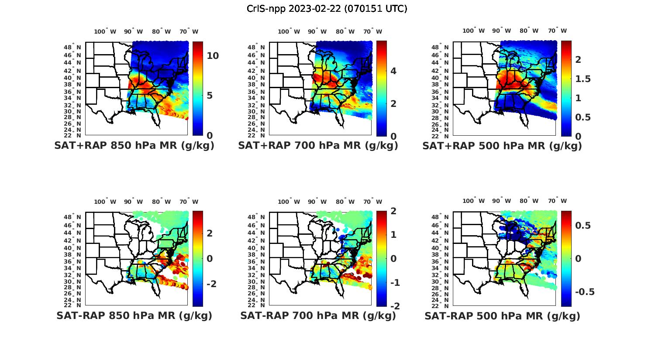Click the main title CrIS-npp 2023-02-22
[x=327, y=9]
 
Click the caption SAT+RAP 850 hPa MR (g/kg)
[x=134, y=146]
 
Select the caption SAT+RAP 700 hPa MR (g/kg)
[x=318, y=146]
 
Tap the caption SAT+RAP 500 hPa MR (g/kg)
[x=502, y=146]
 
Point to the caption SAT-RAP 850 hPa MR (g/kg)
[x=134, y=315]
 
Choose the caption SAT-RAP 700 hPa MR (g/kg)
[x=318, y=315]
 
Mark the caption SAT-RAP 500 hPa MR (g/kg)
[x=502, y=315]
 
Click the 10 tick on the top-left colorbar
[x=213, y=56]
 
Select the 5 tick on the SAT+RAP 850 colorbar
[x=210, y=96]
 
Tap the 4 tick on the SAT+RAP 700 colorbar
[x=393, y=71]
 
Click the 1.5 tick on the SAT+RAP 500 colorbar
[x=583, y=79]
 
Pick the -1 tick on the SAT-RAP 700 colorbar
[x=395, y=283]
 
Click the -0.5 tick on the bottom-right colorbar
[x=584, y=292]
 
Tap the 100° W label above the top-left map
[x=105, y=31]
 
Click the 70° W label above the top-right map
[x=557, y=31]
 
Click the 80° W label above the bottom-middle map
[x=345, y=202]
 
